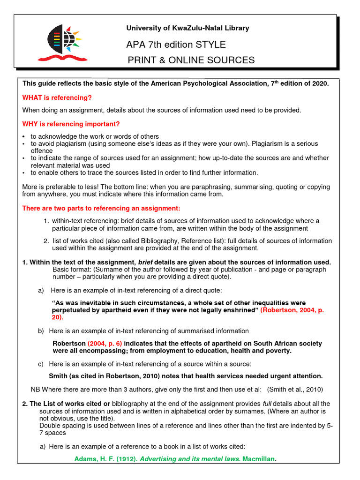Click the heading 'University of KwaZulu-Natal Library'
[187, 28]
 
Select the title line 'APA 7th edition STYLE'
[176, 45]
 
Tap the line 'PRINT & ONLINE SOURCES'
[192, 60]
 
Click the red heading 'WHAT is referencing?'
[57, 97]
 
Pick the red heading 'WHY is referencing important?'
[71, 124]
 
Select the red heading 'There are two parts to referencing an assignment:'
[101, 208]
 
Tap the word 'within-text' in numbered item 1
[69, 221]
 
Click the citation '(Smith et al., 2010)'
[295, 389]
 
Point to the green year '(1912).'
[126, 458]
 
